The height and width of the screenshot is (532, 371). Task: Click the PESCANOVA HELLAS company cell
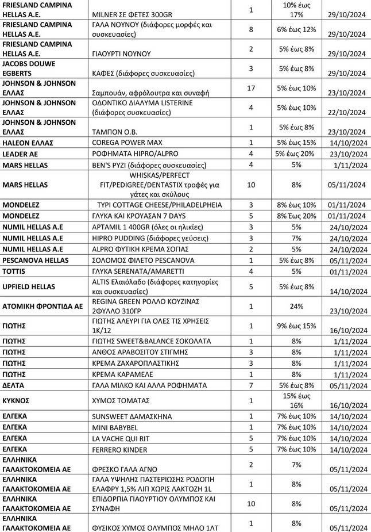pos(37,260)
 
